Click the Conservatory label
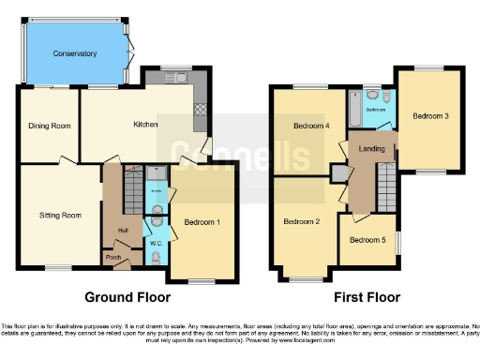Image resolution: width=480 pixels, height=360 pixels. pyautogui.click(x=75, y=54)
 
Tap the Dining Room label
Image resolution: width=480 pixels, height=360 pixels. pyautogui.click(x=50, y=125)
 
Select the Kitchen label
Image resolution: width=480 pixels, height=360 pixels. pyautogui.click(x=143, y=125)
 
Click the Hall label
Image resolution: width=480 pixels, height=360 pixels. pyautogui.click(x=123, y=230)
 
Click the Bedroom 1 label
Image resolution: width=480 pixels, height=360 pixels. pyautogui.click(x=202, y=223)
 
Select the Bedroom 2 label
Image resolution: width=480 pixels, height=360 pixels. pyautogui.click(x=305, y=221)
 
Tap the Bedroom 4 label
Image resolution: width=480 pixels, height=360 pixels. pyautogui.click(x=310, y=127)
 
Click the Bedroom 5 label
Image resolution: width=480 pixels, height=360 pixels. pyautogui.click(x=367, y=240)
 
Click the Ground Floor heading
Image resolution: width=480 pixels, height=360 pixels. pyautogui.click(x=127, y=297)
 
